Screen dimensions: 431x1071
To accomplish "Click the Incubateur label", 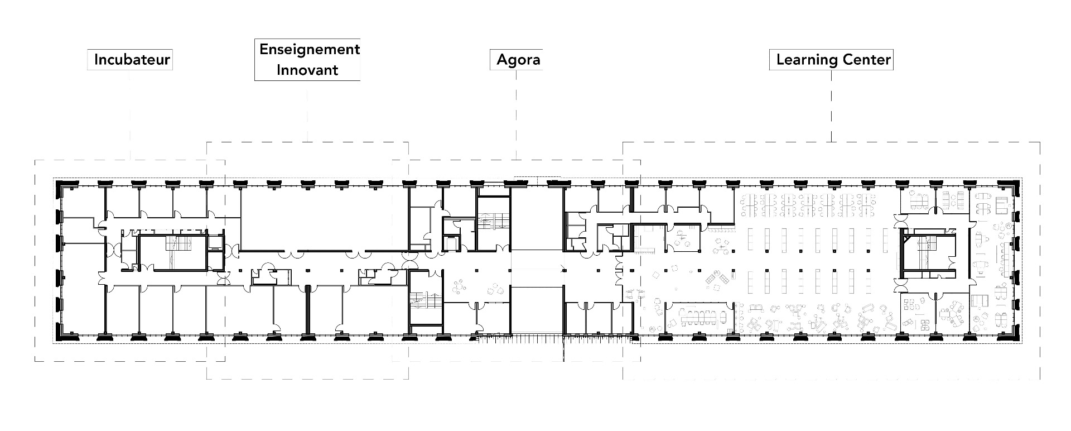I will coord(132,59).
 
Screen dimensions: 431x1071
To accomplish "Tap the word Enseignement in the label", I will coord(309,49).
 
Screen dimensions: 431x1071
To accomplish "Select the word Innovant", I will coord(307,70).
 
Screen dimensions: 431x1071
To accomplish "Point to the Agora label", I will coord(518,59).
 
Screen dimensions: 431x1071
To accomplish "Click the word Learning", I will coord(803,59).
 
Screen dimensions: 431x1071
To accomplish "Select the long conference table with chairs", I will coord(699,316).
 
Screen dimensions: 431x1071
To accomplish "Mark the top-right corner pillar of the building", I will coord(1012,185).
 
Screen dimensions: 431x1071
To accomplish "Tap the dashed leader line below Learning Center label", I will coord(832,106).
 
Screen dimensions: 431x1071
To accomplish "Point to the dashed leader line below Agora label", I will coord(516,112).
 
